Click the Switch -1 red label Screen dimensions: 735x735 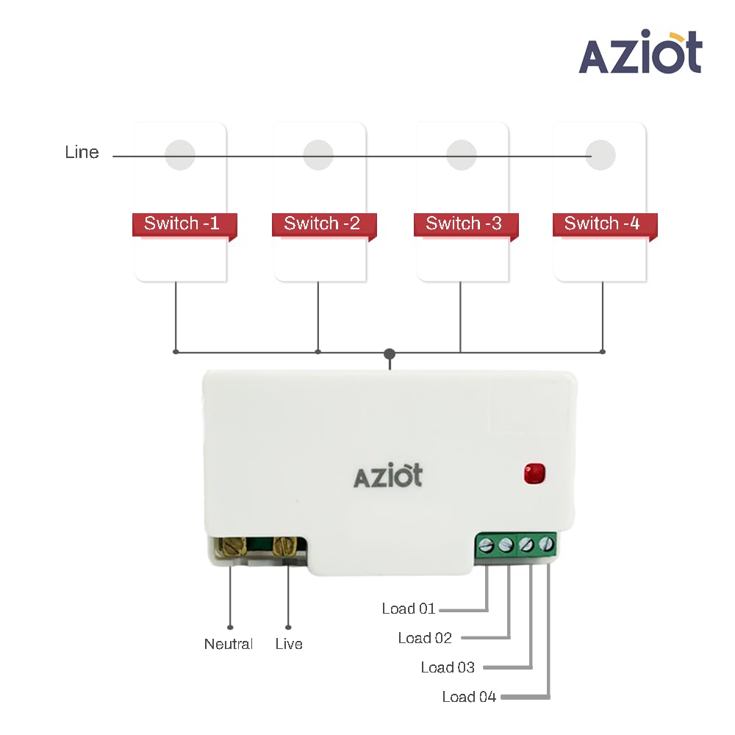pos(182,224)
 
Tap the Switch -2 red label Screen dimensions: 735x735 pos(323,224)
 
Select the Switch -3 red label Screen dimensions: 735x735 pos(465,224)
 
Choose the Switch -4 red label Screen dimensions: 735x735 pos(603,224)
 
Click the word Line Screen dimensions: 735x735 pos(82,153)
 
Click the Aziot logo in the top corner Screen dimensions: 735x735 pos(640,53)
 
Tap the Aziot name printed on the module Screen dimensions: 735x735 pos(388,476)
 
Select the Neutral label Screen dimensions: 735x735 pos(229,645)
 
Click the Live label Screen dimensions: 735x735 pos(289,645)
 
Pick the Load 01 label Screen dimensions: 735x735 pos(409,609)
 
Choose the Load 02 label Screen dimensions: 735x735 pos(425,638)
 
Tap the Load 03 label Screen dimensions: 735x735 pos(448,667)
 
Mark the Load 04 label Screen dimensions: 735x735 pos(469,697)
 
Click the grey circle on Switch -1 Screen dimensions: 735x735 pos(180,156)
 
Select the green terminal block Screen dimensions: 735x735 pos(516,545)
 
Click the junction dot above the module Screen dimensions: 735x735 pos(390,354)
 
